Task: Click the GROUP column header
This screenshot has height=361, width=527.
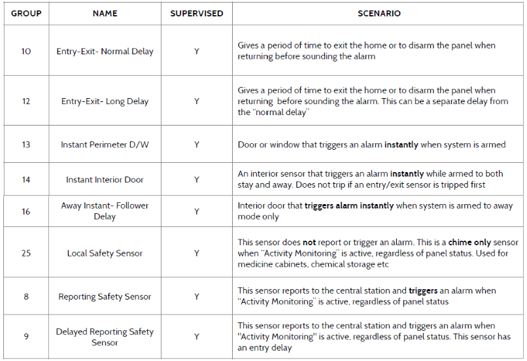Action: [x=26, y=13]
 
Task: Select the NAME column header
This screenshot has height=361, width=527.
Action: [x=105, y=13]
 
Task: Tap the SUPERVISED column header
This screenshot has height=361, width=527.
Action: [x=196, y=13]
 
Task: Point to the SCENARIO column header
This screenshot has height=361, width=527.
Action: [x=379, y=13]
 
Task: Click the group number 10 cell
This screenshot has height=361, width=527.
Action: [x=26, y=51]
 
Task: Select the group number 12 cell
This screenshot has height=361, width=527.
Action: [x=26, y=101]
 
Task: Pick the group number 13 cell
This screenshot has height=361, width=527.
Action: [x=26, y=145]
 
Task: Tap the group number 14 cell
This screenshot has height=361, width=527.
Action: [x=26, y=179]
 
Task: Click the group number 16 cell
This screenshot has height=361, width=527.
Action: [x=26, y=211]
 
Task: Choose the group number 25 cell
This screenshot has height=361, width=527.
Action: [x=26, y=253]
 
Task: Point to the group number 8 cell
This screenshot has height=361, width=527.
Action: [x=26, y=296]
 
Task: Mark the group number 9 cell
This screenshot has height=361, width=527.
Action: [x=26, y=337]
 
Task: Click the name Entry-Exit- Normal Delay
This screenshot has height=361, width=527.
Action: [x=105, y=51]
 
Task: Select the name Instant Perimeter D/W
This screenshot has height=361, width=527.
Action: [x=105, y=145]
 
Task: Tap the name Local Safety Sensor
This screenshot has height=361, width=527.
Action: [x=105, y=253]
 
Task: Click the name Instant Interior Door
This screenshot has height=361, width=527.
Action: [x=105, y=179]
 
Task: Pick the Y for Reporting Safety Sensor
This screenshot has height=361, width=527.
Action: [x=196, y=296]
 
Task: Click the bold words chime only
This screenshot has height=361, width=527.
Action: [x=469, y=242]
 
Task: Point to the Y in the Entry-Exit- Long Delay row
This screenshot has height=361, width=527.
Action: [x=196, y=101]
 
